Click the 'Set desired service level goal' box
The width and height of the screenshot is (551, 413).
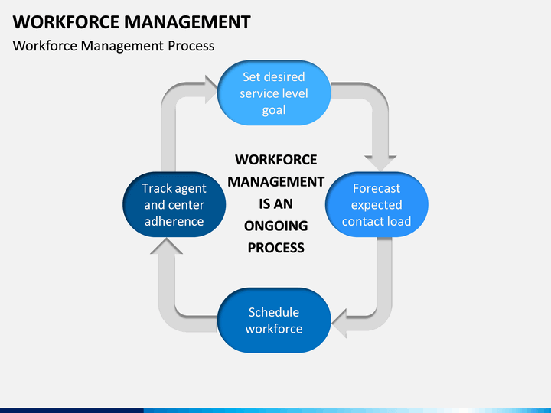coord(274,93)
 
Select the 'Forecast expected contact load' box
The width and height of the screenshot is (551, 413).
coord(377,204)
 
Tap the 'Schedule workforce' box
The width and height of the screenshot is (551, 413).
coord(274,320)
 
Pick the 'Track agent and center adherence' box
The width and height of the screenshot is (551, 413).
coord(174,204)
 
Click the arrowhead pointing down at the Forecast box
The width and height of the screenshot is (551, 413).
coord(380,161)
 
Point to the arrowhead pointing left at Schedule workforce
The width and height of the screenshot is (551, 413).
coord(341,319)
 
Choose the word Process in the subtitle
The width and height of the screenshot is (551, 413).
coord(191,46)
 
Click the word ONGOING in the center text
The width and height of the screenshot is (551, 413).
coord(275,226)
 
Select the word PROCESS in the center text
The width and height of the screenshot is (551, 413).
coord(275,247)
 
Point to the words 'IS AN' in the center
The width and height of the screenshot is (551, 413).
coord(275,203)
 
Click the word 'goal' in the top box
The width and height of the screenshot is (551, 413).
coord(274,110)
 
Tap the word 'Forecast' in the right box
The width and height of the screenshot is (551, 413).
coord(377,188)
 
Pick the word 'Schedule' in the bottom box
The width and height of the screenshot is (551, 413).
coord(274,312)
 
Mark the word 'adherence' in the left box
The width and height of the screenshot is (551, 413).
coord(174,222)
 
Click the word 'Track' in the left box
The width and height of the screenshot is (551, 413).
coord(157,188)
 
